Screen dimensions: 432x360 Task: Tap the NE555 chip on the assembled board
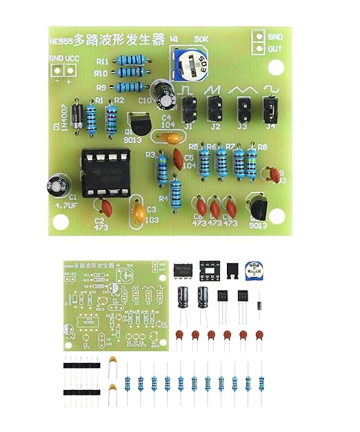pyautogui.click(x=99, y=173)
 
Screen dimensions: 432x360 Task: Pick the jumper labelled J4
pyautogui.click(x=270, y=107)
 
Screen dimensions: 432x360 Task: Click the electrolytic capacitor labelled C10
pyautogui.click(x=164, y=96)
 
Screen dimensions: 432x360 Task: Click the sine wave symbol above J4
pyautogui.click(x=270, y=89)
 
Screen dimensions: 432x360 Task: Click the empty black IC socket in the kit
pyautogui.click(x=210, y=271)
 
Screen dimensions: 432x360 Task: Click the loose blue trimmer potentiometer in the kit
pyautogui.click(x=255, y=271)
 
